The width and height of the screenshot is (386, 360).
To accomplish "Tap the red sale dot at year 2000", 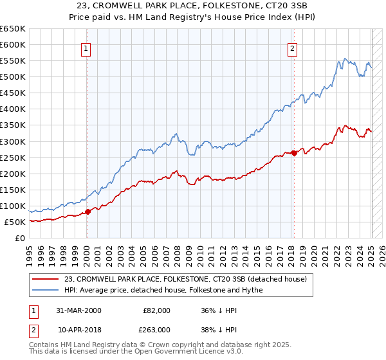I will click(x=88, y=212).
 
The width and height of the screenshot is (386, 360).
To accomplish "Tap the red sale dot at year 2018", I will click(x=294, y=153).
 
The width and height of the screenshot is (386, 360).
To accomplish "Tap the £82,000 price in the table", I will click(x=156, y=310).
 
